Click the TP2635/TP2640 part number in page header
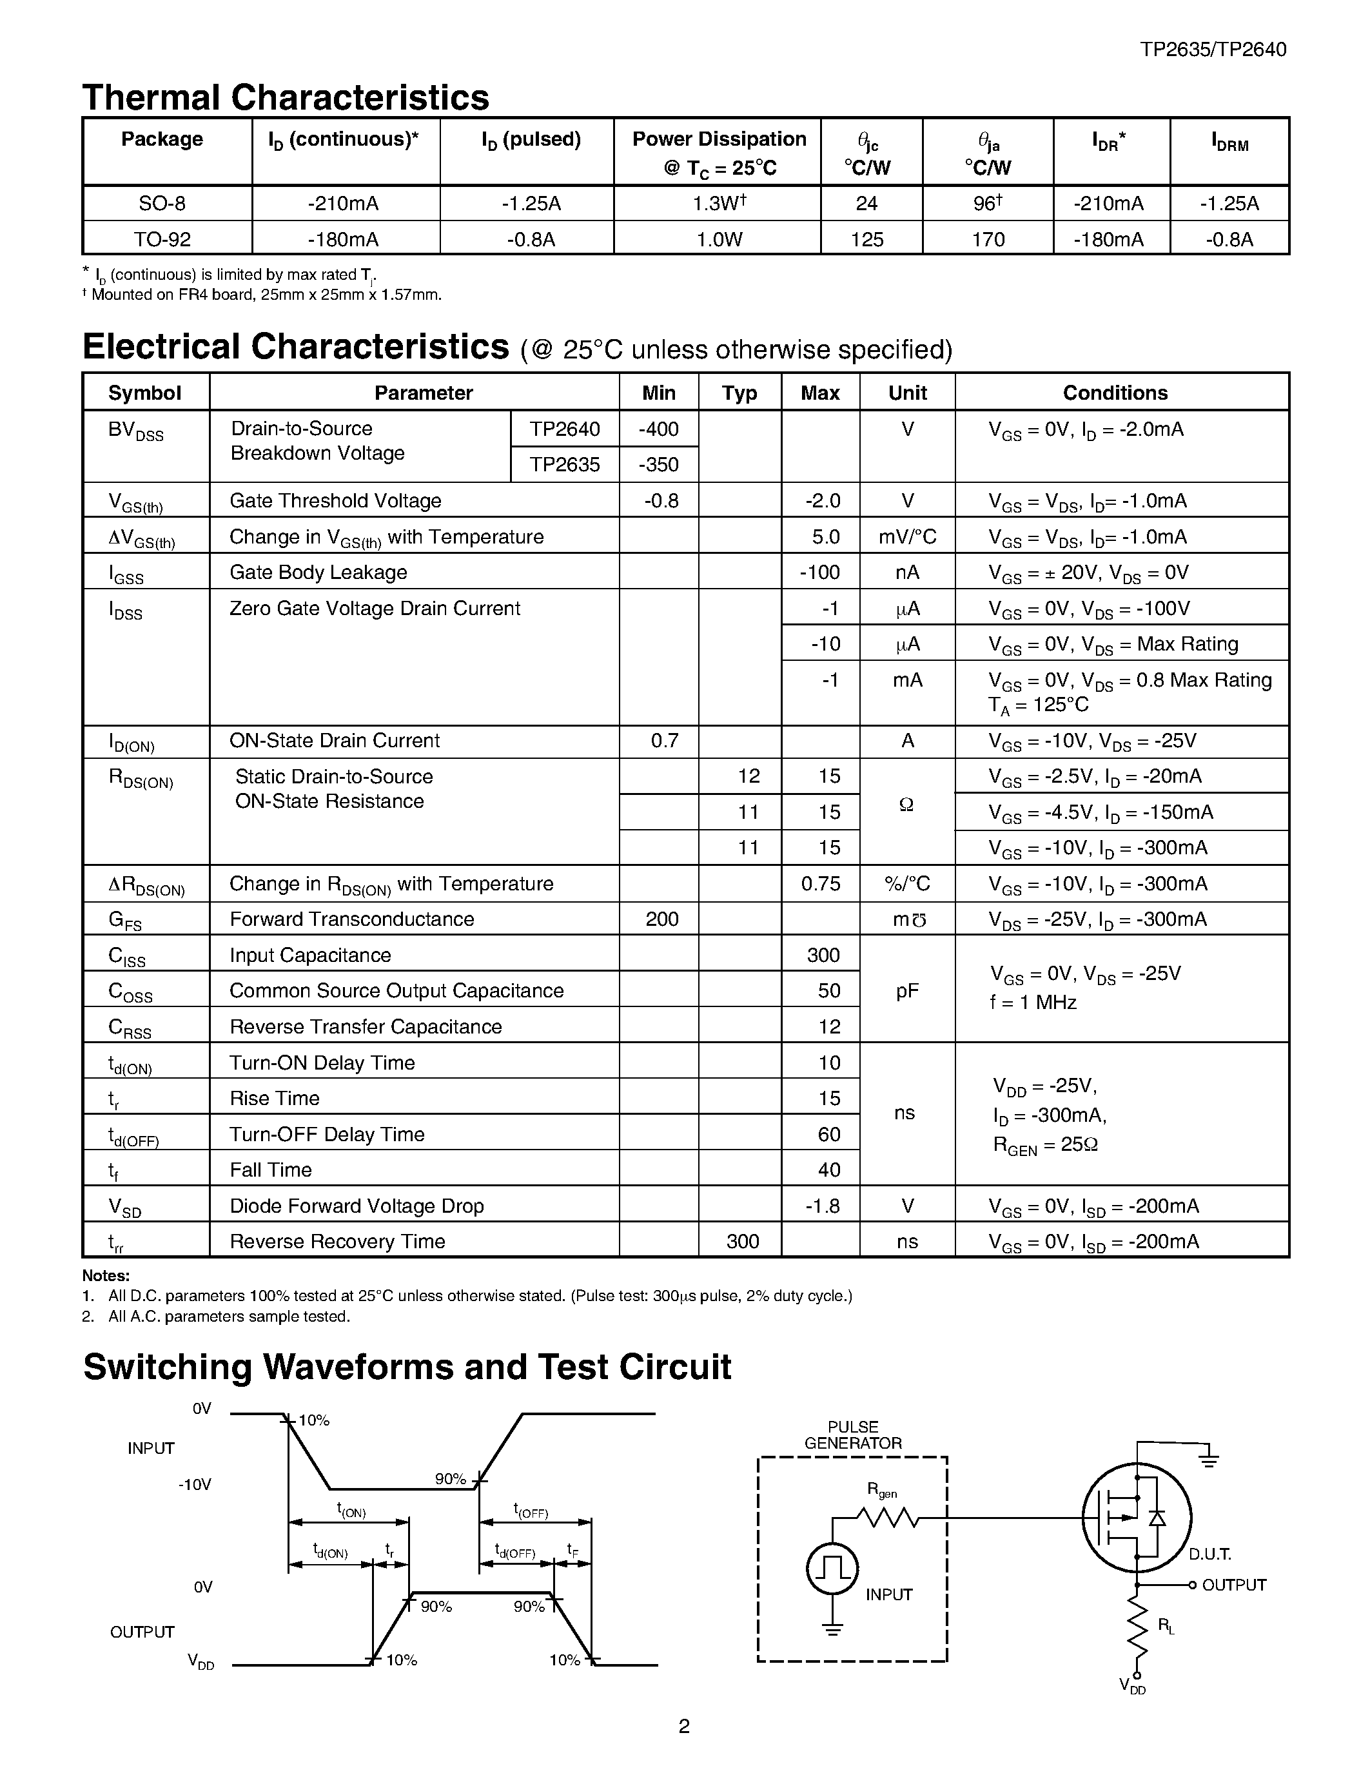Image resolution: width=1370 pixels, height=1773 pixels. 1213,50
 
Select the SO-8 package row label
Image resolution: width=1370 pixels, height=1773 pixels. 162,203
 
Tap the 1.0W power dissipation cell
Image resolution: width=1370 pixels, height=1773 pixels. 718,239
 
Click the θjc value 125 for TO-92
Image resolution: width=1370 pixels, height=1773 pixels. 866,239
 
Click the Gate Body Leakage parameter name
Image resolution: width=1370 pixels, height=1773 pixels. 318,573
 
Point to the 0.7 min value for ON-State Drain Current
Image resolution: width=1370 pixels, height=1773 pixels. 664,740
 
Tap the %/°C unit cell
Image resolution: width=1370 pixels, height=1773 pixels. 907,883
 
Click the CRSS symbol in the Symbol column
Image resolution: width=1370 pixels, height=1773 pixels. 130,1028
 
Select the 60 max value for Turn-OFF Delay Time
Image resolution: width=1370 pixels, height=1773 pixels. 828,1134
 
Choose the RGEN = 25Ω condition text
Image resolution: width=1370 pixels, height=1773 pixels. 1045,1146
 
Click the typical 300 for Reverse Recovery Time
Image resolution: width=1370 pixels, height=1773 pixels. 743,1241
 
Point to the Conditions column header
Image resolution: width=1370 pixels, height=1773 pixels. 1115,393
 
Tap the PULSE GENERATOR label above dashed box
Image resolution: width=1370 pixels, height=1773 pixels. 853,1435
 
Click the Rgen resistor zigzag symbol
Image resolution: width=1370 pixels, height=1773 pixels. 887,1516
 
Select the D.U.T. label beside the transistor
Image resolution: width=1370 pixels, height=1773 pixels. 1210,1554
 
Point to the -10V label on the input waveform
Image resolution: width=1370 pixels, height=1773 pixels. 195,1485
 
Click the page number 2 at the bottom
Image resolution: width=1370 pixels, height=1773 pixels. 684,1726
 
